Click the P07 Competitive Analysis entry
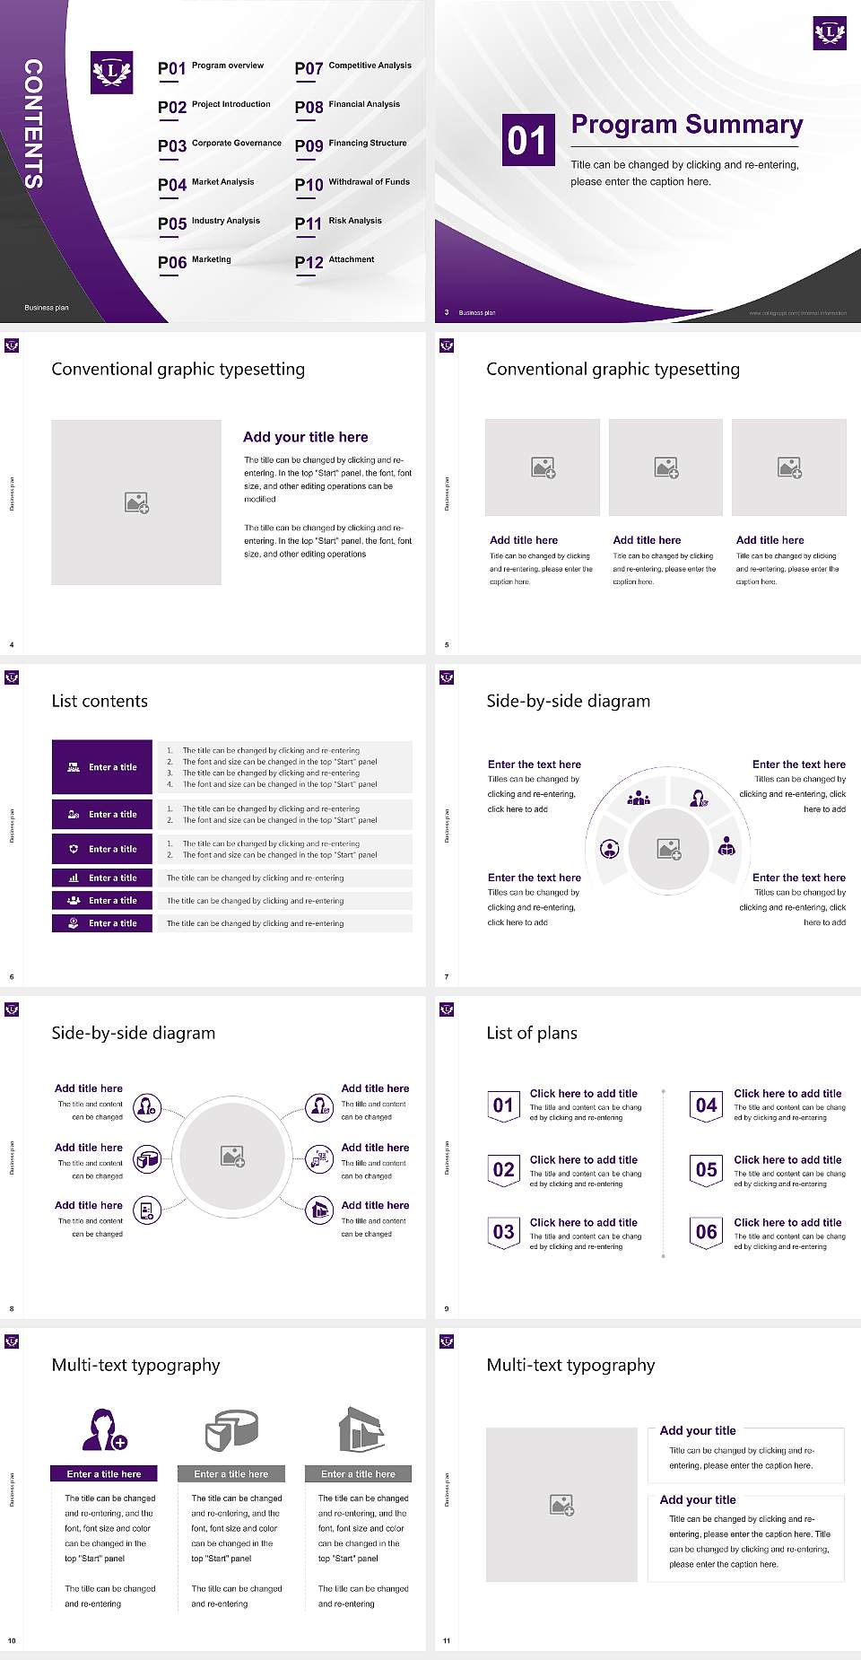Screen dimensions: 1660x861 353,67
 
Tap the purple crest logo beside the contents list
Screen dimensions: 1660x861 112,73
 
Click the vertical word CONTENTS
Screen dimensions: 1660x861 33,124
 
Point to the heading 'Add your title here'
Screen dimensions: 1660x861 305,437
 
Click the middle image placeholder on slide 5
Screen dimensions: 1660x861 665,467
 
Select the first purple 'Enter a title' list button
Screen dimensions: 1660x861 102,767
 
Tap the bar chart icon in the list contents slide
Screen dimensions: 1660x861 74,878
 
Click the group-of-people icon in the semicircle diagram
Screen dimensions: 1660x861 639,797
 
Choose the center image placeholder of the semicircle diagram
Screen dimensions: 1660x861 669,848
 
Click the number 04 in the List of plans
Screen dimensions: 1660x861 707,1105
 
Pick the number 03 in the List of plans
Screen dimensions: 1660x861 504,1232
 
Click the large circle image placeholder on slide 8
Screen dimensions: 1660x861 233,1157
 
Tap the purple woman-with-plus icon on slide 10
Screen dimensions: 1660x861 104,1430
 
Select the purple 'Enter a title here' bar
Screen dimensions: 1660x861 104,1473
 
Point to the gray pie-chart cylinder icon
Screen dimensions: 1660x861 231,1429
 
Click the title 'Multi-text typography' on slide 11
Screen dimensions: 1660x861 570,1365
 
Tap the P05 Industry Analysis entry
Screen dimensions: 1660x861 209,223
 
